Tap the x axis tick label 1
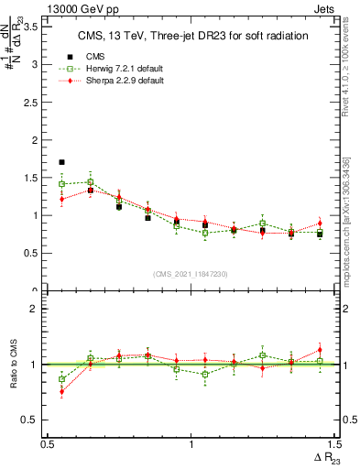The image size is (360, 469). (x=191, y=444)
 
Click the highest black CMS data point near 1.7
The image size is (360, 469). (x=61, y=162)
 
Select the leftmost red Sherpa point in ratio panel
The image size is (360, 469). (x=61, y=391)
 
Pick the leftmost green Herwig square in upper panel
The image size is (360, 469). (x=61, y=184)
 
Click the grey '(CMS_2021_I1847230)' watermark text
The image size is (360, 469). (x=191, y=273)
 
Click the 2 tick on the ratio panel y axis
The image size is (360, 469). (x=35, y=309)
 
